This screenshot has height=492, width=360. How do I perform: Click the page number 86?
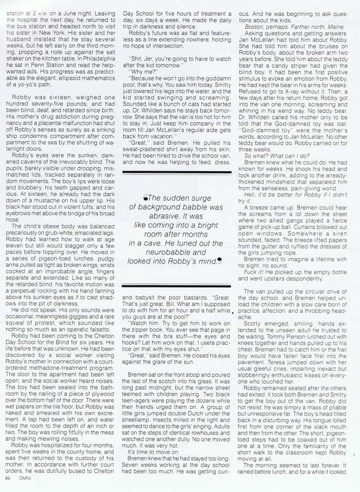[7, 477]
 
